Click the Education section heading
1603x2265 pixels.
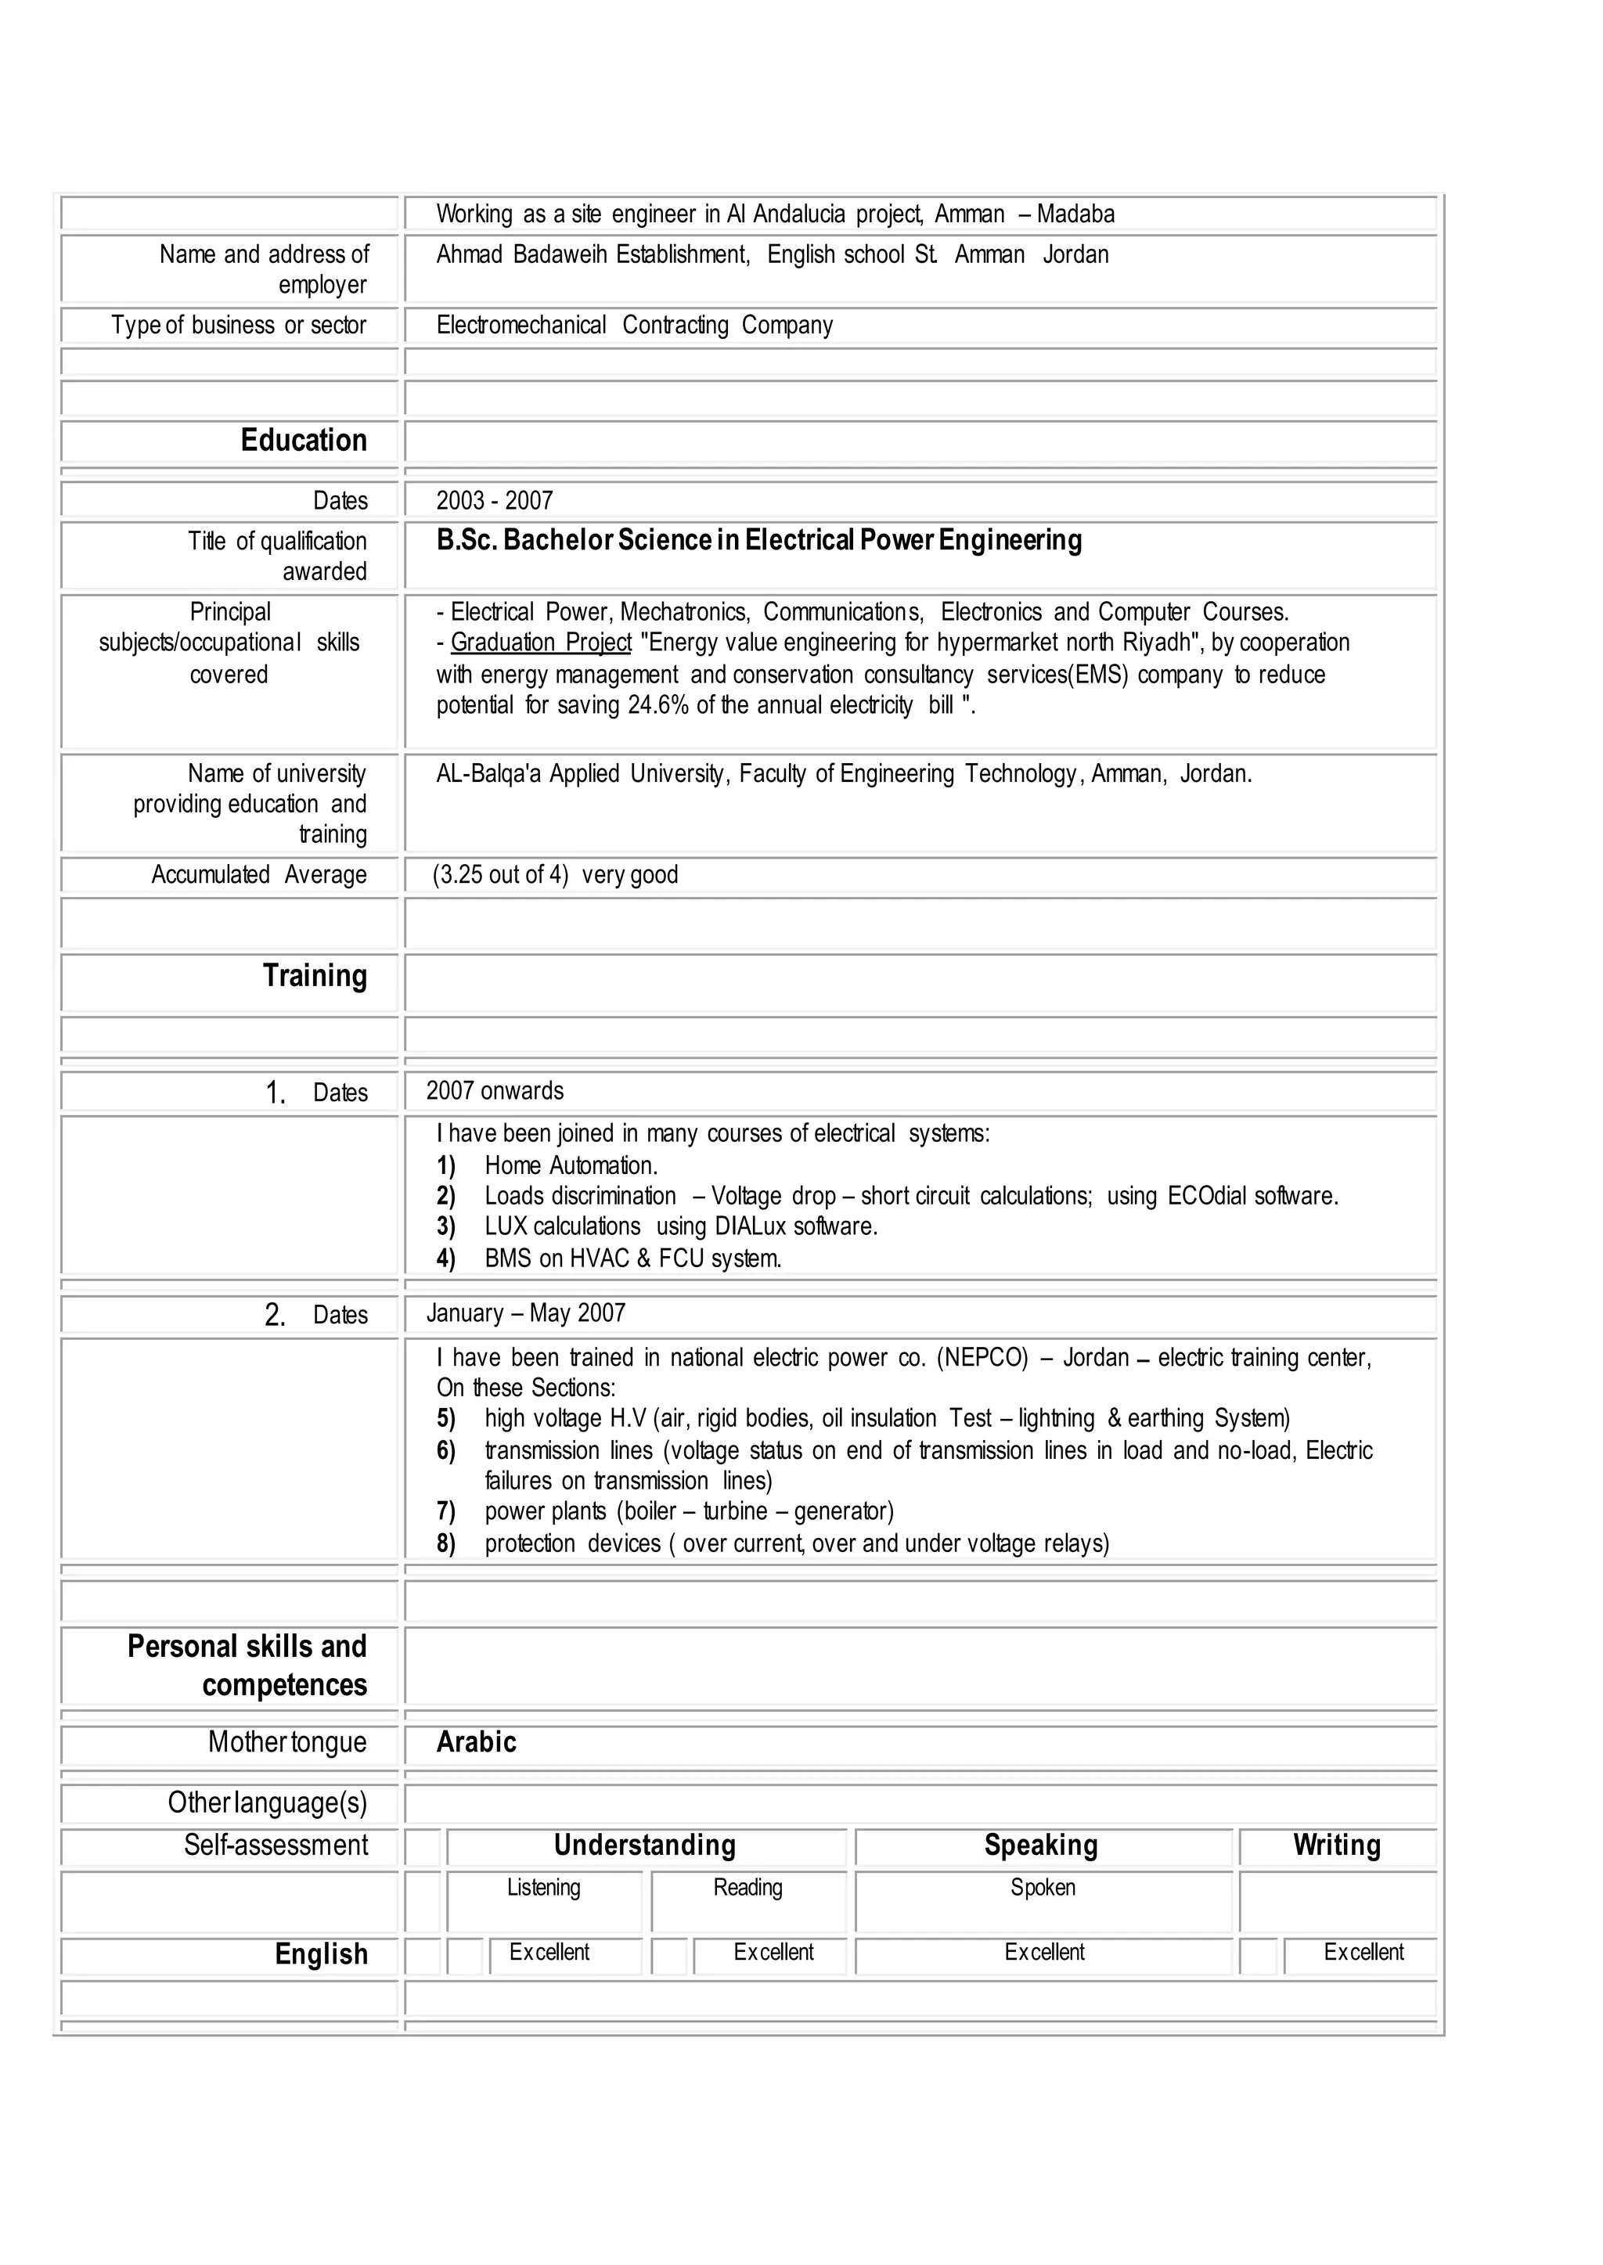click(x=303, y=440)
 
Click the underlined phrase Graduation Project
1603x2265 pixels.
click(x=541, y=643)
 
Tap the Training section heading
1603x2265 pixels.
click(x=314, y=975)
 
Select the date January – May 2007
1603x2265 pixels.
click(x=526, y=1313)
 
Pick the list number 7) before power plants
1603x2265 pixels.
click(x=446, y=1511)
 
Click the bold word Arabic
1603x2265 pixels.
click(x=476, y=1742)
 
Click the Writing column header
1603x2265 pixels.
click(x=1337, y=1845)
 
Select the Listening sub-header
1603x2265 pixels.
click(x=544, y=1887)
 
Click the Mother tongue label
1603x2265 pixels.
click(x=286, y=1742)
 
